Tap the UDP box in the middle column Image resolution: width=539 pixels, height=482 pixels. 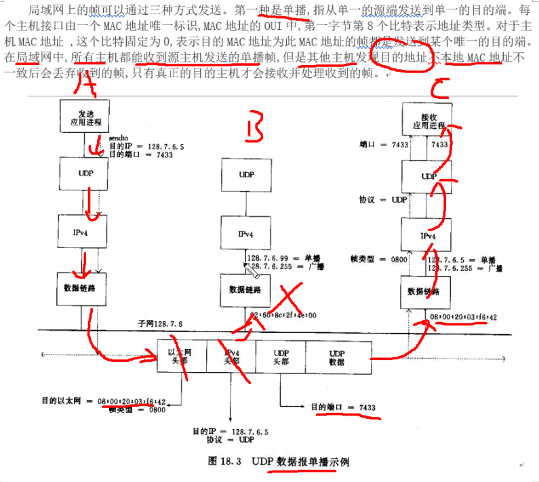(x=246, y=174)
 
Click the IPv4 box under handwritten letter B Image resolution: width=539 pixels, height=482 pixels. (x=246, y=233)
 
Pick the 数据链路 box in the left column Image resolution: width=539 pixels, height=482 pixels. (x=85, y=289)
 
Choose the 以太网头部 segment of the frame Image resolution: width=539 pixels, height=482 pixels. (x=181, y=357)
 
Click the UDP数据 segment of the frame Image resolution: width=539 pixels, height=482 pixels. (x=337, y=357)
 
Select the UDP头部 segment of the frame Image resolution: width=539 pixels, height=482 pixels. (x=281, y=357)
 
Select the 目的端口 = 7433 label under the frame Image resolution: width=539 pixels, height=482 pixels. (x=342, y=407)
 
